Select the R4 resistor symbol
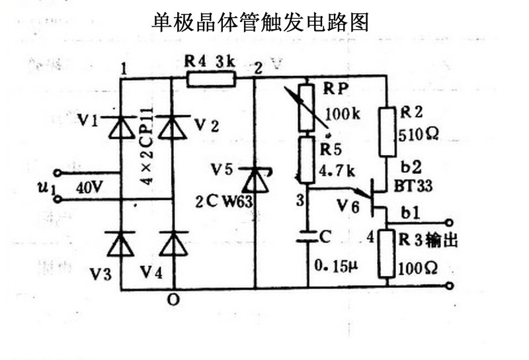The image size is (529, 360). (210, 79)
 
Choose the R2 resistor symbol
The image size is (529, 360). (386, 132)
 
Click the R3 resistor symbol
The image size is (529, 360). (386, 253)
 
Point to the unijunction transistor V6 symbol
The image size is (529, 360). (375, 197)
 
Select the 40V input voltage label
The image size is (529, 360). (89, 187)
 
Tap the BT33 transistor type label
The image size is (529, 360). (415, 187)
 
